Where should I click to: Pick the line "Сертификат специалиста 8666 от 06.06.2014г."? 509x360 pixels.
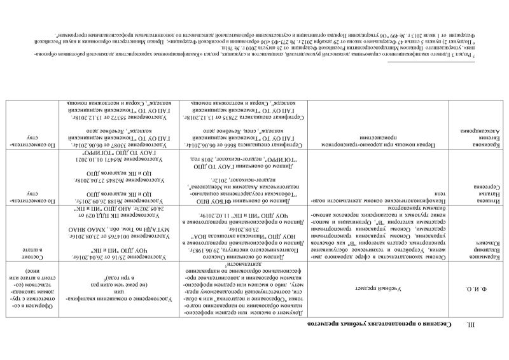245,146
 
